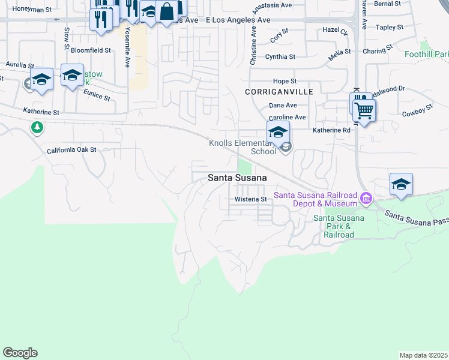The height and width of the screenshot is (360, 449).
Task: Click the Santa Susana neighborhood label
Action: pyautogui.click(x=237, y=178)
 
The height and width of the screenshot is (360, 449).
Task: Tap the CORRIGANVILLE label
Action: pyautogui.click(x=279, y=92)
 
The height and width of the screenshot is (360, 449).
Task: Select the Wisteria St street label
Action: pyautogui.click(x=250, y=199)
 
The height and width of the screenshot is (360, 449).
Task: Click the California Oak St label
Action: pyautogui.click(x=71, y=150)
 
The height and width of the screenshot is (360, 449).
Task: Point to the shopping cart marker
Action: pyautogui.click(x=364, y=110)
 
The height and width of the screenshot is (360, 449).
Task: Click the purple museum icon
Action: pyautogui.click(x=366, y=197)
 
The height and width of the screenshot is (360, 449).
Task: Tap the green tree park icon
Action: pyautogui.click(x=37, y=127)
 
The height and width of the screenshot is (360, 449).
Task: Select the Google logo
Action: pyautogui.click(x=20, y=353)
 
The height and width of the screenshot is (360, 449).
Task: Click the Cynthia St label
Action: pyautogui.click(x=280, y=57)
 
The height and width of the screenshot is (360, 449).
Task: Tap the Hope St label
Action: pyautogui.click(x=285, y=81)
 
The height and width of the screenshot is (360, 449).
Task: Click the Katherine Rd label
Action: pyautogui.click(x=331, y=130)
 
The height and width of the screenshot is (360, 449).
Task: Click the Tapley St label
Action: pyautogui.click(x=390, y=28)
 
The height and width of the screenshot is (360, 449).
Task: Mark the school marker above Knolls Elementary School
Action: pyautogui.click(x=278, y=132)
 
